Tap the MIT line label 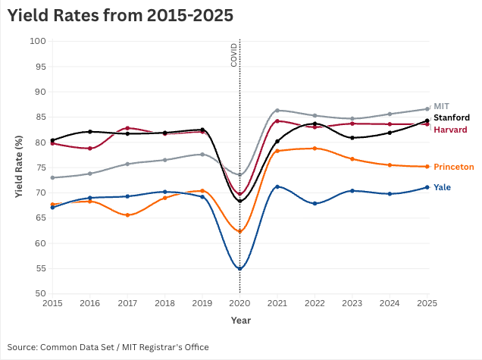point(442,105)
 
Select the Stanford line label point(452,117)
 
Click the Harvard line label point(450,130)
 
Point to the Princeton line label point(454,167)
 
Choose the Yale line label point(443,187)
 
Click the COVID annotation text point(233,55)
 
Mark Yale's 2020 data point point(239,268)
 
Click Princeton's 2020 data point point(239,231)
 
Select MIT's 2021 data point point(277,111)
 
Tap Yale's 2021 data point point(277,186)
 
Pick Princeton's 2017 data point point(127,215)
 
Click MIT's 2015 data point point(52,177)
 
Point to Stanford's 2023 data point point(352,138)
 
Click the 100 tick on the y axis point(38,41)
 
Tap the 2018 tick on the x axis point(164,303)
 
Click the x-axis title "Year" point(240,321)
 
